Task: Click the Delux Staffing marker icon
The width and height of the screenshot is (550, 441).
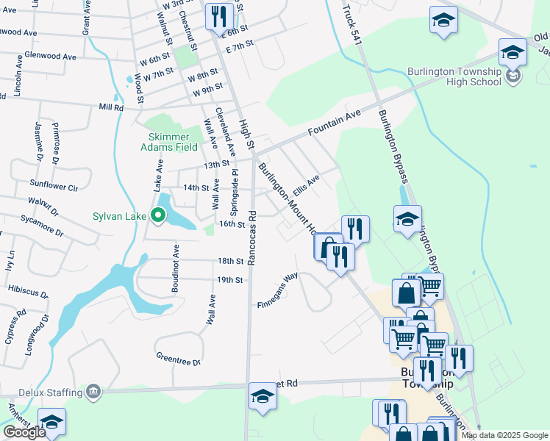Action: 93,390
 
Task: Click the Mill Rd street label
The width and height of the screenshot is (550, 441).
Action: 111,107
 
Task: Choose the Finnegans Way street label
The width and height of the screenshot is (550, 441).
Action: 278,293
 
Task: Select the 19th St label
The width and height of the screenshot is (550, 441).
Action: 230,280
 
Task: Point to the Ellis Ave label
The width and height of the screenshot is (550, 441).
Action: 306,184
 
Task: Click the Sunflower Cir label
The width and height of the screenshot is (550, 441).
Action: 54,187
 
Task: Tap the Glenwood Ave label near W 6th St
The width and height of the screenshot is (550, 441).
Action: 51,56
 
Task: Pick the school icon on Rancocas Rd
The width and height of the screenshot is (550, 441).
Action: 262,395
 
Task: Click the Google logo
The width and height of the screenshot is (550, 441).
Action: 24,431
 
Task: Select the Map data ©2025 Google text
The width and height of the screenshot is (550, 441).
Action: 505,435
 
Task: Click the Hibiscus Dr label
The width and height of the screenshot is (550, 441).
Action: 29,292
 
